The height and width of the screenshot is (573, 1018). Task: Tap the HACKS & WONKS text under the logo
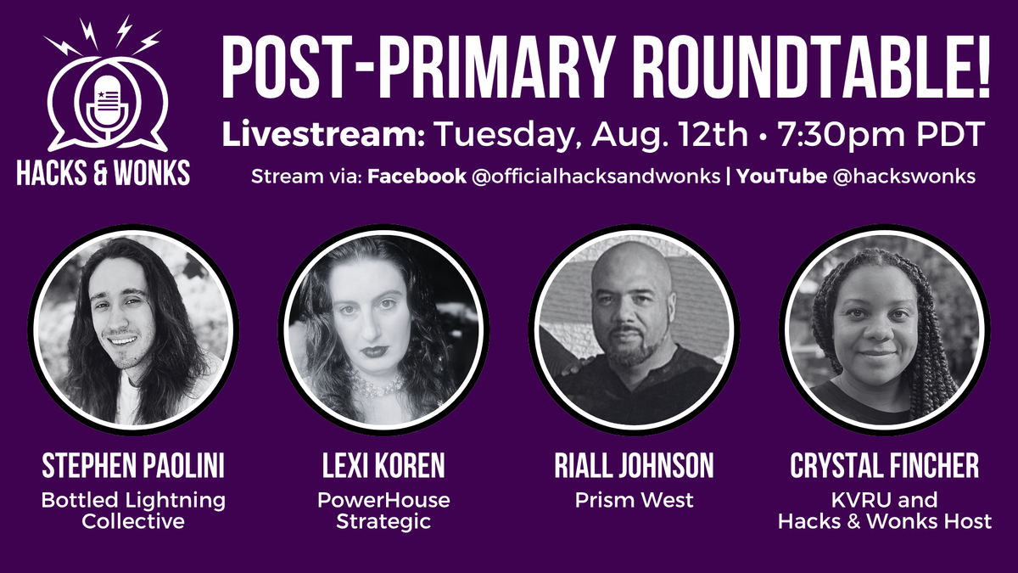[104, 173]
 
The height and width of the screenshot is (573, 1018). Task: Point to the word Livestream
[323, 136]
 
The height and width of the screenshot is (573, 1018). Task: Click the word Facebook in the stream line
[417, 177]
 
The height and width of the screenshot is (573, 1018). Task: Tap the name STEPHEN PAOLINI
[133, 466]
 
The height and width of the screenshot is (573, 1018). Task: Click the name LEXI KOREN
[383, 466]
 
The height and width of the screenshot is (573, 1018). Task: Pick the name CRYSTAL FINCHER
[884, 466]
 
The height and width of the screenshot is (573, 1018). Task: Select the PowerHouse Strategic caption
[383, 510]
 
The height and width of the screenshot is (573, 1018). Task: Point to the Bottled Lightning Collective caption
[133, 510]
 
